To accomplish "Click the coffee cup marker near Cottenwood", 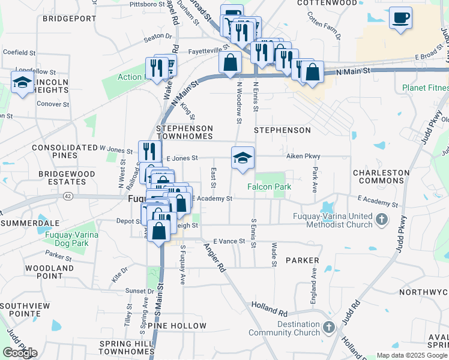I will pos(400,17).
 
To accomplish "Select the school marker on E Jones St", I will pos(243,158).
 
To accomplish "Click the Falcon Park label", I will pos(270,187).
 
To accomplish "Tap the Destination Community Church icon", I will pos(328,328).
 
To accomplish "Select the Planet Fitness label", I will pos(426,88).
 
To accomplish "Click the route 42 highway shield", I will pos(68,196).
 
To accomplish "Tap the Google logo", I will pos(20,353).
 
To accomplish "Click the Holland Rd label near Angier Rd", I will pos(270,308).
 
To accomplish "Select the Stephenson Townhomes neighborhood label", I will pos(184,133).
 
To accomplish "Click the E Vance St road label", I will pos(226,241).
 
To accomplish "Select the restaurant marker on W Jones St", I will pos(149,151).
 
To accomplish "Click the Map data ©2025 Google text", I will pos(411,355).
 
